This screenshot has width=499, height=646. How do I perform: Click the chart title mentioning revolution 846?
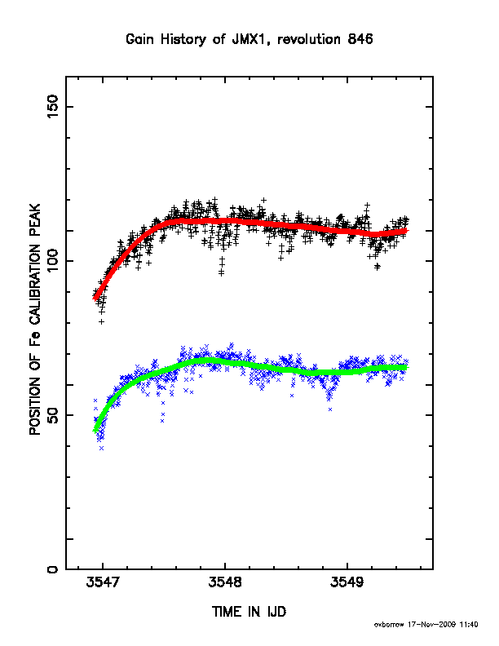coord(249,39)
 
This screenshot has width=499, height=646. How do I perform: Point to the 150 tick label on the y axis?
coord(52,107)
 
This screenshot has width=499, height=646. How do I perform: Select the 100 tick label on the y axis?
coord(52,261)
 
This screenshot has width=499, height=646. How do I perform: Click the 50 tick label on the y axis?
coord(52,415)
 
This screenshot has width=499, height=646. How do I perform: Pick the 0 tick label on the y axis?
coord(52,569)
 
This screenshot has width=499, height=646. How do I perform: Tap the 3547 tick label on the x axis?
coord(103,582)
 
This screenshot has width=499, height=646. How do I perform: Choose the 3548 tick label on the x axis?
coord(225,582)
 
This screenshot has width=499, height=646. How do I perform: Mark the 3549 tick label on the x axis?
coord(347,582)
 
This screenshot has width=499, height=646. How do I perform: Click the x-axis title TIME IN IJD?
coord(249,612)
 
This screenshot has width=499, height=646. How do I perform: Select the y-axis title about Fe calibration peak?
coord(35,319)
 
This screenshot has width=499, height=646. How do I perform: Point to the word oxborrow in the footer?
coord(389,625)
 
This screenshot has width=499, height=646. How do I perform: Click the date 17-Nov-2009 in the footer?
coord(431,625)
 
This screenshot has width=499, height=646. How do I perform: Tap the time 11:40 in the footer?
coord(469,625)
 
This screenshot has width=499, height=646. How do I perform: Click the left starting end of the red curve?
coord(95,299)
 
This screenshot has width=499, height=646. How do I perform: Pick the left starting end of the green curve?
coord(95,431)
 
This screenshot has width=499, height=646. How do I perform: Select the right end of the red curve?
coord(406,231)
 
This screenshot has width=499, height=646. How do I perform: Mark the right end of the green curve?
coord(406,367)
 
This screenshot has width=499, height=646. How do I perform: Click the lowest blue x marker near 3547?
coord(102,448)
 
